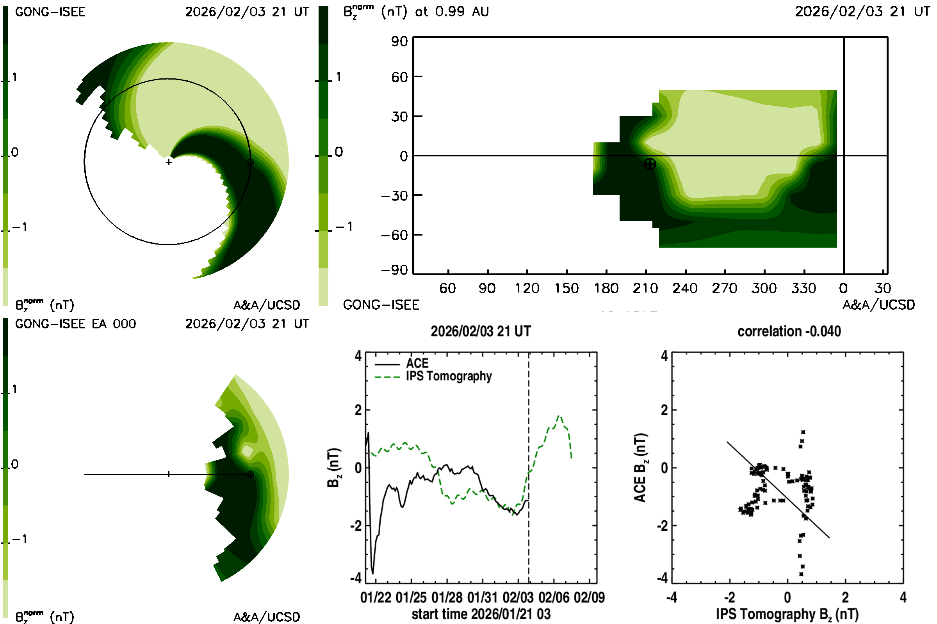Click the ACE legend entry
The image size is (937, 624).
coord(417,363)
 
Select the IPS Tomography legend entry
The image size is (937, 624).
coord(449,376)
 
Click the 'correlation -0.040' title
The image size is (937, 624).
coord(789,331)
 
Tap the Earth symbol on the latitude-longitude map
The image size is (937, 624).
coord(650,163)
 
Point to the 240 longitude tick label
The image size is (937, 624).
coord(685,289)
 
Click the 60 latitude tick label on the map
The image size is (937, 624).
coord(399,77)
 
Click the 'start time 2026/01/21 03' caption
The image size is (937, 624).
coord(481,614)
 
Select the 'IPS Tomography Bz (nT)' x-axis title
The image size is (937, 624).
coord(787,614)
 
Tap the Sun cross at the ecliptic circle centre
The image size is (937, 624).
coord(169,162)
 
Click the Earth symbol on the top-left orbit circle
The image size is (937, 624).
coord(250,162)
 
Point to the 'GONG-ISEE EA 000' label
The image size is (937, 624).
coord(75,324)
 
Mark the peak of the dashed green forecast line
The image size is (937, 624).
coord(559,416)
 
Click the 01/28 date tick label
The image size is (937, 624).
coord(447,597)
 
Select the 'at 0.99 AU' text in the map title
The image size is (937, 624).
coord(452,12)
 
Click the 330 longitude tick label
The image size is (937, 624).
coord(803,289)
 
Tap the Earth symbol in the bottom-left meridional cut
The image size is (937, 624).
coord(250,474)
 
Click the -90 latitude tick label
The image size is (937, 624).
coord(394,270)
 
